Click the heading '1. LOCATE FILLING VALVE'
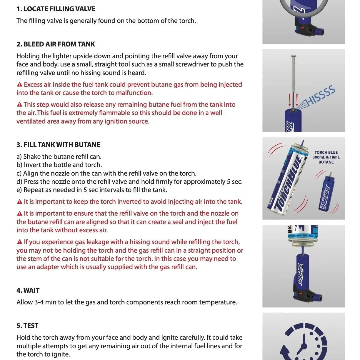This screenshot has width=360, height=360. [x=56, y=9]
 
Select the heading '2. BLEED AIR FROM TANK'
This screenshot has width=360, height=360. [x=56, y=44]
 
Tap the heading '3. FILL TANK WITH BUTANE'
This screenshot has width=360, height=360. [x=58, y=145]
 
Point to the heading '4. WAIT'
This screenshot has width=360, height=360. [x=28, y=290]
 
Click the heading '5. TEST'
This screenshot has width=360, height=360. [x=27, y=326]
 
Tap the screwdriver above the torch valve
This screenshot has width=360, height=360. [x=293, y=79]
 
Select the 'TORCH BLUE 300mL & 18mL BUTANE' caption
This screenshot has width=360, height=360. [x=326, y=157]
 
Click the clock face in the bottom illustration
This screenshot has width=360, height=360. [x=304, y=343]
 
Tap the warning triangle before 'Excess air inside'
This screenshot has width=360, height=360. [x=20, y=85]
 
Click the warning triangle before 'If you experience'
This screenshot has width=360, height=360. [x=20, y=242]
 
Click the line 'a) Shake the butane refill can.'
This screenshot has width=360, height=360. [x=59, y=156]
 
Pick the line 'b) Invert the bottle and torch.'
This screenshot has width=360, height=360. [x=59, y=165]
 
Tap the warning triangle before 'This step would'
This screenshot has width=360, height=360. [x=20, y=105]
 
